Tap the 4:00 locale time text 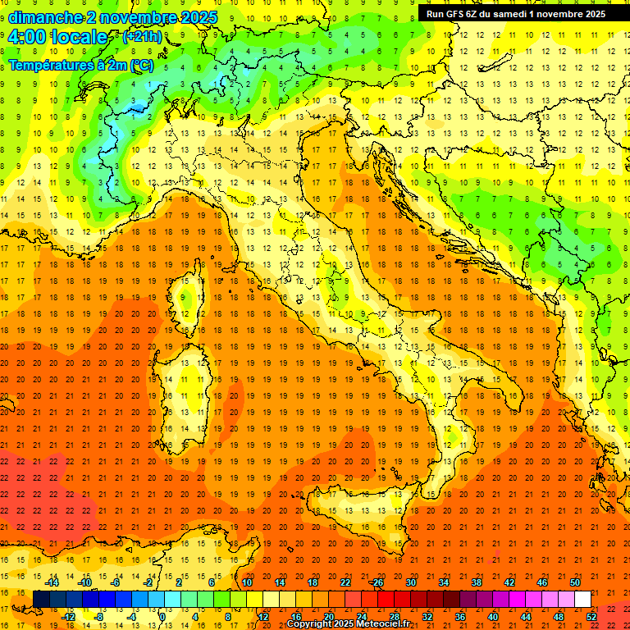pyautogui.click(x=57, y=37)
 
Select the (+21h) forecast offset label pyautogui.click(x=142, y=37)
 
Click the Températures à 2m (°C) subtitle pyautogui.click(x=80, y=64)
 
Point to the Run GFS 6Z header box pyautogui.click(x=516, y=13)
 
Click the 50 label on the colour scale pyautogui.click(x=574, y=582)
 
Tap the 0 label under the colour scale pyautogui.click(x=162, y=616)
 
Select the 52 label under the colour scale pyautogui.click(x=591, y=616)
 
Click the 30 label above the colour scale pyautogui.click(x=410, y=582)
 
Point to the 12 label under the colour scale pyautogui.click(x=262, y=616)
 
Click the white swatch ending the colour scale pyautogui.click(x=582, y=599)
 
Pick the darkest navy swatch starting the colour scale pyautogui.click(x=41, y=599)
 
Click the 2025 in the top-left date pyautogui.click(x=199, y=17)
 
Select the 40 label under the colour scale pyautogui.click(x=492, y=616)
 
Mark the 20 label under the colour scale pyautogui.click(x=328, y=616)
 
